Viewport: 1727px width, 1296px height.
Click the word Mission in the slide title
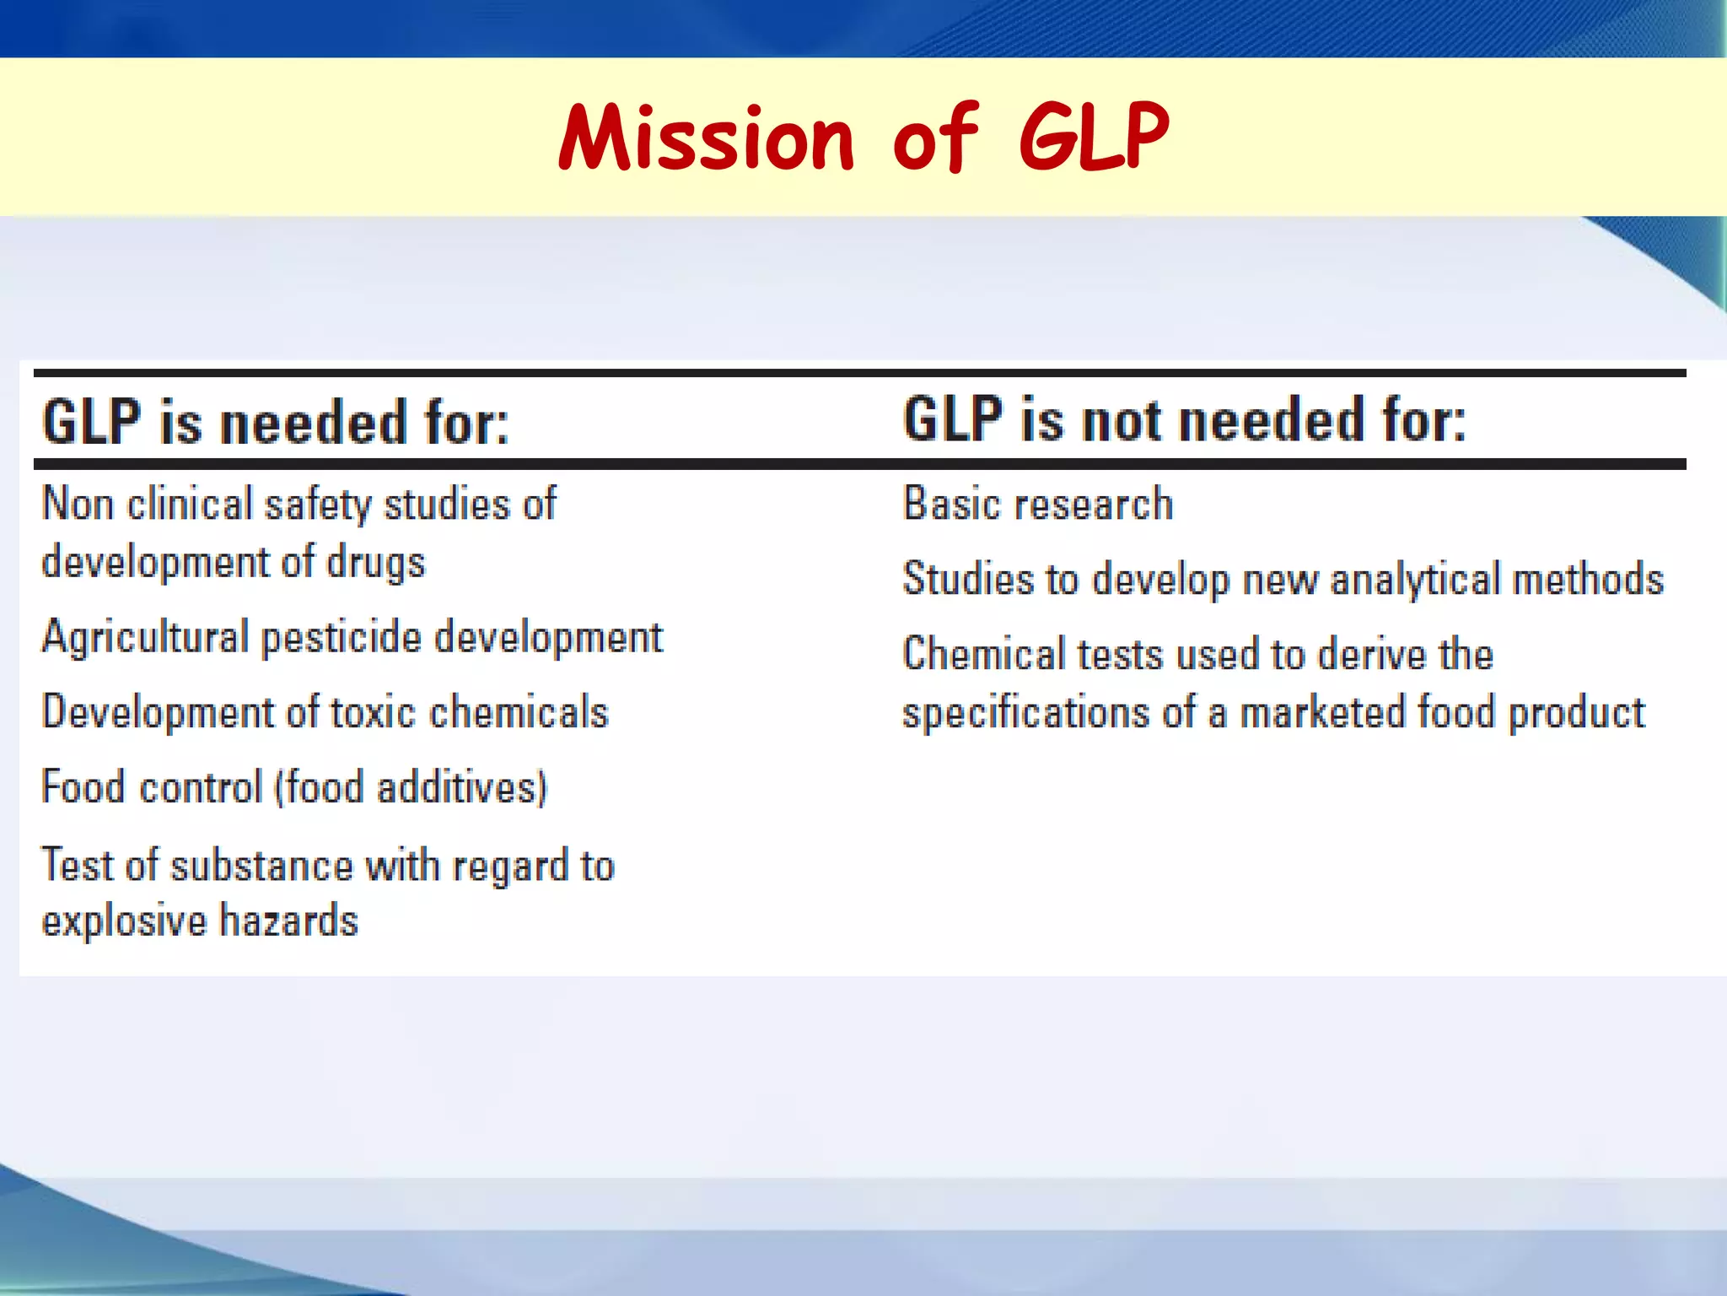pos(707,137)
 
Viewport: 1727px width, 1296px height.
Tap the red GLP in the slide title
pos(1094,137)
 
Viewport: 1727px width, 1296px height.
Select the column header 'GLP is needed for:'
pos(276,422)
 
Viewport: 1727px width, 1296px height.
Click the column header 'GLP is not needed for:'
pos(1184,419)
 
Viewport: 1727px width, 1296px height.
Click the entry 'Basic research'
pos(1037,505)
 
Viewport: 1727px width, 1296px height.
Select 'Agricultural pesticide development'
pos(352,637)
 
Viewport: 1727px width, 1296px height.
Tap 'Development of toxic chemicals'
pos(325,712)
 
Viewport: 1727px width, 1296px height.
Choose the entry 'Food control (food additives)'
pos(294,787)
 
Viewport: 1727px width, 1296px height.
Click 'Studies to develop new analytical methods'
pos(1283,580)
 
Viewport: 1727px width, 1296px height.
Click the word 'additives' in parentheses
pos(456,787)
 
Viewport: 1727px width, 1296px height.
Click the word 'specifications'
pos(1025,713)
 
